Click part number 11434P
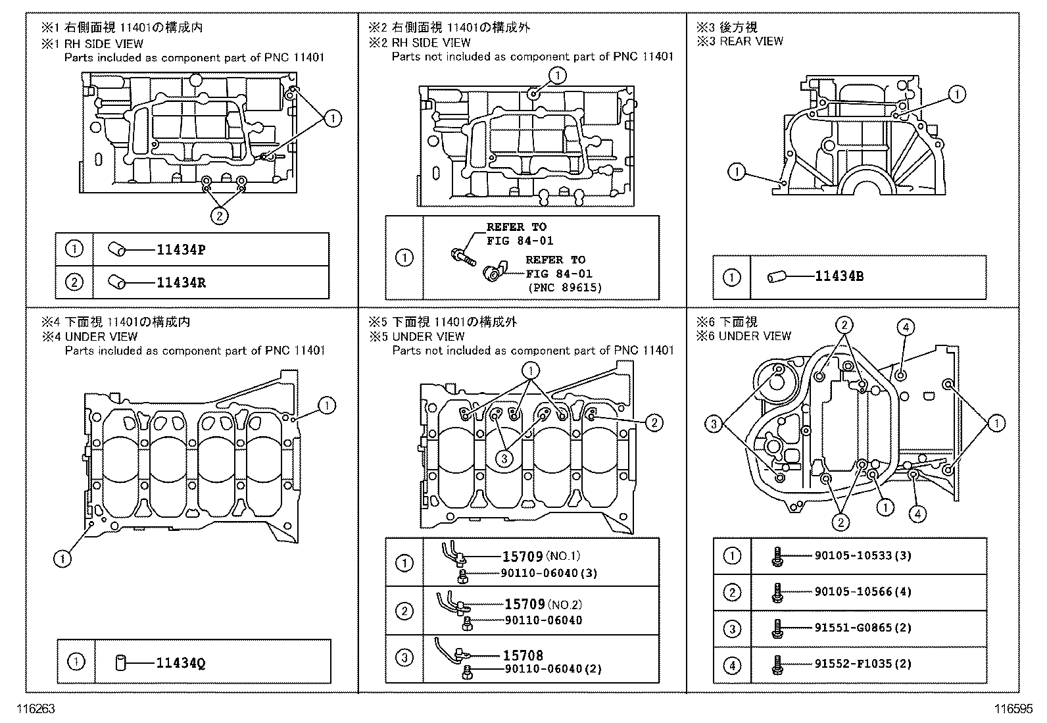click(x=181, y=250)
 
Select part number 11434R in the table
click(x=181, y=283)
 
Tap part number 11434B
click(x=839, y=276)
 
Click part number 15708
click(x=523, y=655)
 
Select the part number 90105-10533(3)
click(x=863, y=556)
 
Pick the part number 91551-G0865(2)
click(x=863, y=628)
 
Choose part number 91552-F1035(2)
click(x=863, y=664)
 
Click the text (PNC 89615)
click(x=564, y=287)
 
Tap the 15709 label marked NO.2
click(x=524, y=604)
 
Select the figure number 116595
click(x=1013, y=710)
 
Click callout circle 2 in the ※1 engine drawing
click(x=220, y=215)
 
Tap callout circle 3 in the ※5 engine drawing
click(x=504, y=459)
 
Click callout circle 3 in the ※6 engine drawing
click(x=714, y=424)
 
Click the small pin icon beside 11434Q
click(x=120, y=662)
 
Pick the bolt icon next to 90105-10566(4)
click(x=777, y=592)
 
